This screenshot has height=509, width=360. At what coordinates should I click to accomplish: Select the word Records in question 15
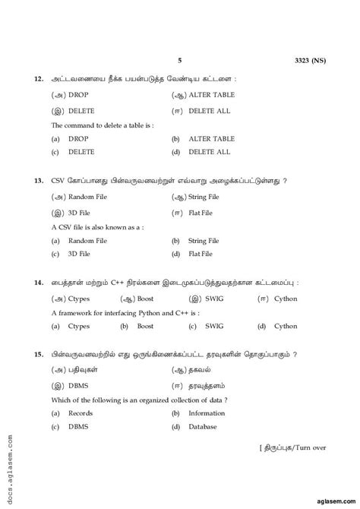coord(81,413)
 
